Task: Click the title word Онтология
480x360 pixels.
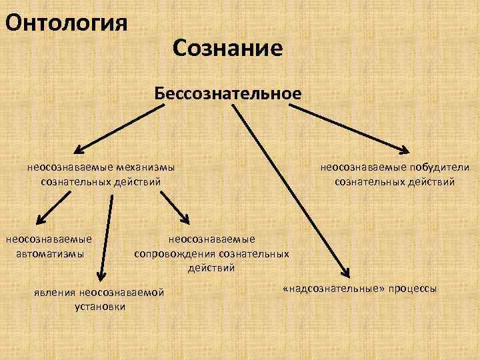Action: [x=65, y=23]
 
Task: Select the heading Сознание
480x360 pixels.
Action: [x=227, y=48]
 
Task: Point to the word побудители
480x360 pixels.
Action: [x=440, y=167]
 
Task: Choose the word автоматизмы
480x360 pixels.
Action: [x=48, y=253]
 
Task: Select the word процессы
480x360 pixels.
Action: [x=409, y=289]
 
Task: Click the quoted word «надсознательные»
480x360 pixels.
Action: [x=327, y=289]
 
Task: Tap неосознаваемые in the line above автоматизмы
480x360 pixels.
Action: [x=49, y=239]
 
